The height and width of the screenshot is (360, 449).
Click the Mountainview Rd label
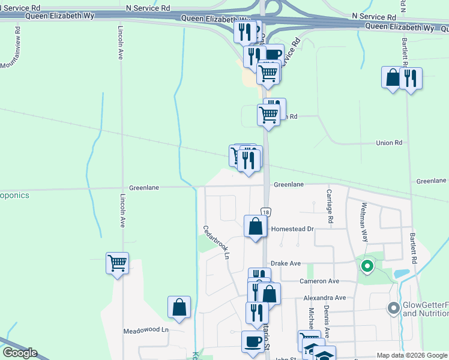pos(11,46)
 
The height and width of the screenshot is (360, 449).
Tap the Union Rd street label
pos(389,143)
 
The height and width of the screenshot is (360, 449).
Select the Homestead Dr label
pos(293,229)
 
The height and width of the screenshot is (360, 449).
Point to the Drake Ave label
pos(285,263)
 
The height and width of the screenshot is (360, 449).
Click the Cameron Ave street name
pos(320,281)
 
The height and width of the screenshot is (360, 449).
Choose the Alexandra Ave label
pos(325,298)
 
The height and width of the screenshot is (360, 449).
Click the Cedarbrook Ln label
pos(217,241)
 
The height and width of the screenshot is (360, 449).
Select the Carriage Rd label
pos(330,206)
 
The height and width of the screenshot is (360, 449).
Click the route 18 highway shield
pos(266,212)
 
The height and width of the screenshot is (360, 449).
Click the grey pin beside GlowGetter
pos(394,308)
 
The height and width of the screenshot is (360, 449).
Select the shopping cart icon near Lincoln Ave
pos(117,262)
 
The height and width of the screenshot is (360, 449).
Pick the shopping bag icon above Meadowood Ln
pos(179,307)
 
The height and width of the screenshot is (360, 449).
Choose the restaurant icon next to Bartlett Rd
pos(411,78)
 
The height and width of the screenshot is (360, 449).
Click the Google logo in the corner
pos(19,353)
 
